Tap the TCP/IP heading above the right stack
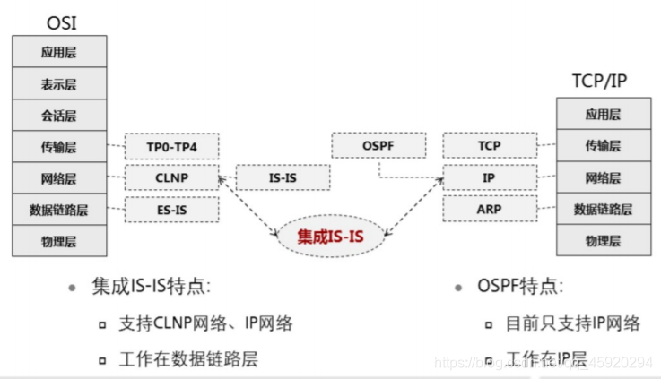(x=598, y=80)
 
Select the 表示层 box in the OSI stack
(x=59, y=83)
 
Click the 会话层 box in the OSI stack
(x=59, y=115)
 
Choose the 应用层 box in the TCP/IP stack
(x=603, y=114)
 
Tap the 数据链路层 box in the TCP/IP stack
(x=603, y=209)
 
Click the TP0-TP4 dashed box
(x=172, y=146)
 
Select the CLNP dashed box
(x=172, y=177)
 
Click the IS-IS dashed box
(x=283, y=177)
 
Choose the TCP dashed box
(x=489, y=145)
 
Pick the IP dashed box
(x=489, y=177)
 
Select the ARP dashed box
(x=489, y=210)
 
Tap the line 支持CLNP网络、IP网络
(x=205, y=323)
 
